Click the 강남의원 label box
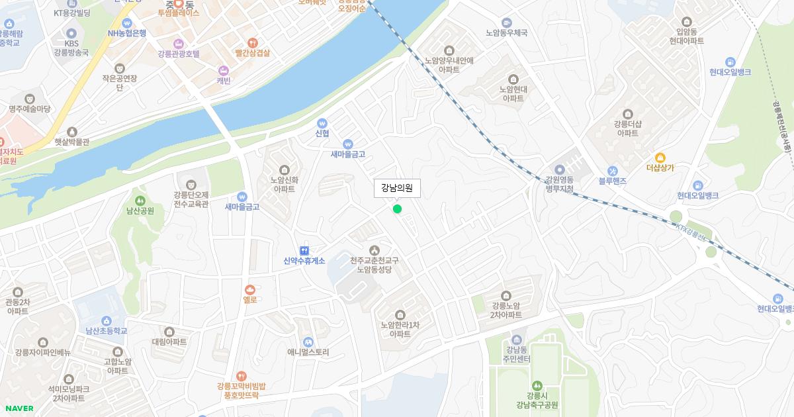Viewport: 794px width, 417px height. [x=397, y=189]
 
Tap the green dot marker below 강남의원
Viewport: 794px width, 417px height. [x=397, y=209]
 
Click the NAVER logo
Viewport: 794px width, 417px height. [x=19, y=408]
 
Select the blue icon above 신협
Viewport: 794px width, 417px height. [x=322, y=122]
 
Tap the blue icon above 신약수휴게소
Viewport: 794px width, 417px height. [x=304, y=250]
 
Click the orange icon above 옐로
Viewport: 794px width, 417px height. [x=249, y=289]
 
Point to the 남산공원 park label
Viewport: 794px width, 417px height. [x=140, y=210]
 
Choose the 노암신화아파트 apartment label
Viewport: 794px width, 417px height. [x=285, y=183]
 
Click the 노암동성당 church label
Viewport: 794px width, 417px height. [x=374, y=265]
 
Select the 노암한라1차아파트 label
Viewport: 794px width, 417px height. [x=400, y=329]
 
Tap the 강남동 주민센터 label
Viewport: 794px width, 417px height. [x=517, y=355]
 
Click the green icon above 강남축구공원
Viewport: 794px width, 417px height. [x=537, y=385]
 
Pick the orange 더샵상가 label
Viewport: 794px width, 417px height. [x=660, y=167]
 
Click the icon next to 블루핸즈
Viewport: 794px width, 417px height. [x=612, y=170]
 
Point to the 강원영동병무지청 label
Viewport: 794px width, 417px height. [x=559, y=184]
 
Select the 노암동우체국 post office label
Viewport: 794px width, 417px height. [x=506, y=32]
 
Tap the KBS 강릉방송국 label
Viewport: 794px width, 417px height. [x=71, y=48]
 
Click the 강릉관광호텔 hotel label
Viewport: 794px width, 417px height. [x=178, y=54]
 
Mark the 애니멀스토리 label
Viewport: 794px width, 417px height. [x=308, y=352]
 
